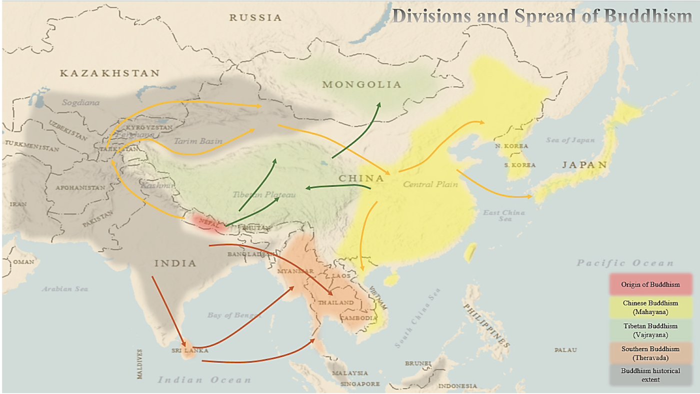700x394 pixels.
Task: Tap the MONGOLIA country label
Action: [361, 84]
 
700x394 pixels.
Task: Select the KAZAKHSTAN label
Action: [110, 73]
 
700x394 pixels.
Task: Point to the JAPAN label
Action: [584, 165]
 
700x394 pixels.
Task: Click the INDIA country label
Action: [175, 263]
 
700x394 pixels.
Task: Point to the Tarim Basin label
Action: [198, 141]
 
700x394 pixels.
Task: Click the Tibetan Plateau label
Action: [264, 195]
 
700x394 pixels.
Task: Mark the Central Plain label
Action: [430, 184]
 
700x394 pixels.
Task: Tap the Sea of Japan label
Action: [570, 140]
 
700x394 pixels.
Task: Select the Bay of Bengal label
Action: [234, 315]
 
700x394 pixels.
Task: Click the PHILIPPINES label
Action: [486, 325]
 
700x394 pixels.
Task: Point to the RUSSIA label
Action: [255, 17]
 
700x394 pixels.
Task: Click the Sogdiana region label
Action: [80, 102]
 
